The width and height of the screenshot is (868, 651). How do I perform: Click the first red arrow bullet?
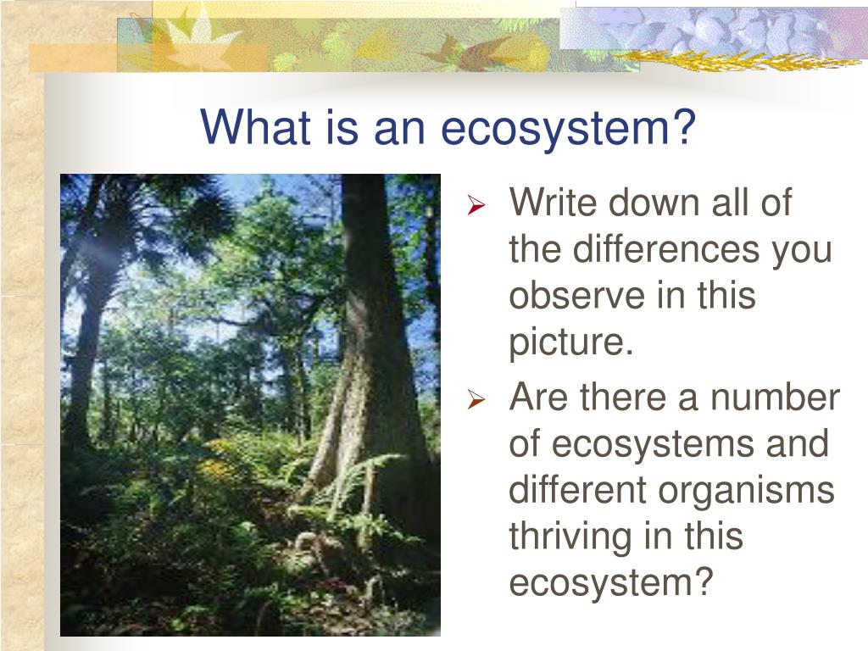pos(476,205)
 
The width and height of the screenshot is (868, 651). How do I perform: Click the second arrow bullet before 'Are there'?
pos(476,400)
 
